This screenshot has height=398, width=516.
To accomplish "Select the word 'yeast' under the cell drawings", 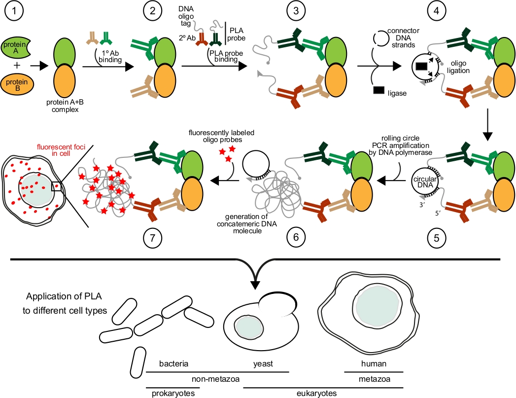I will [264, 364].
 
